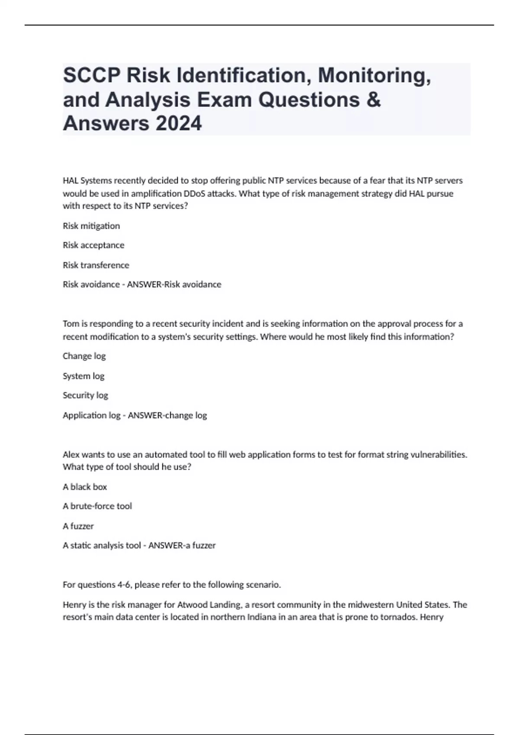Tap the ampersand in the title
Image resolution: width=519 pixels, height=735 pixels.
pyautogui.click(x=374, y=100)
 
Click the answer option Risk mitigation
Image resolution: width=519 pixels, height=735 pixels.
pyautogui.click(x=91, y=226)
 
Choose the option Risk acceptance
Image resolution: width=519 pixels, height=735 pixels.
pyautogui.click(x=93, y=245)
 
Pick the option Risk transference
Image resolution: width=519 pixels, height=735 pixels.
pyautogui.click(x=96, y=265)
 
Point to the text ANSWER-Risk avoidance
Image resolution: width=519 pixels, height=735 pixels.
pyautogui.click(x=174, y=284)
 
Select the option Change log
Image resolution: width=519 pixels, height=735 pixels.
pyautogui.click(x=84, y=356)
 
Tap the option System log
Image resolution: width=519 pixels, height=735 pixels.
pyautogui.click(x=83, y=376)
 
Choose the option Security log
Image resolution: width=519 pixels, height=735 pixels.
pyautogui.click(x=86, y=395)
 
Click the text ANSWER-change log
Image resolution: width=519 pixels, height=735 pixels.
pyautogui.click(x=167, y=415)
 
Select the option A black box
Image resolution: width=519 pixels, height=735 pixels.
pyautogui.click(x=85, y=487)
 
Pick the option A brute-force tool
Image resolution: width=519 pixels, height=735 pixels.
pyautogui.click(x=97, y=506)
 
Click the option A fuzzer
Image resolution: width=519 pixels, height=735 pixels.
pyautogui.click(x=78, y=526)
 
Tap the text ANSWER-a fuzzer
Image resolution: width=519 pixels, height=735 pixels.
pyautogui.click(x=182, y=546)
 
